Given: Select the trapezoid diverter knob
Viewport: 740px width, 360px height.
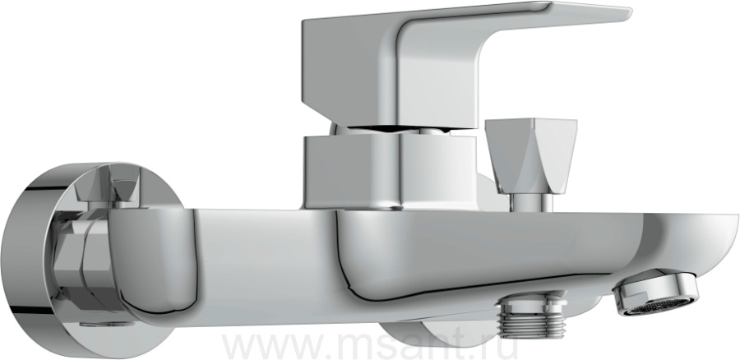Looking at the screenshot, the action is [x=531, y=155].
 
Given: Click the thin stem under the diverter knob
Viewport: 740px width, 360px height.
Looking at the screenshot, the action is [x=532, y=202].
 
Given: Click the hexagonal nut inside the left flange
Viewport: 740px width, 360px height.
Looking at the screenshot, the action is [x=78, y=264].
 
